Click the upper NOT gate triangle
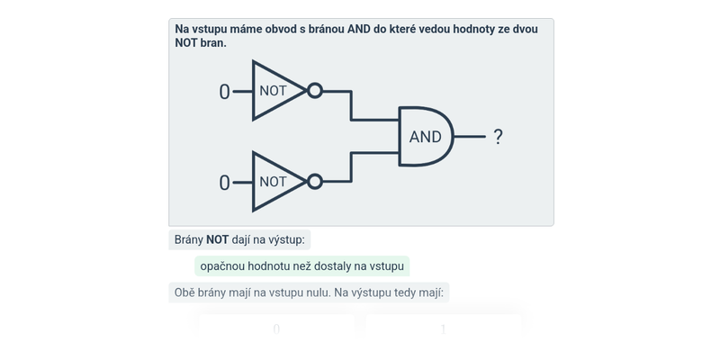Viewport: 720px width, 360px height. [274, 91]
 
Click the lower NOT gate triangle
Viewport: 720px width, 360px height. [274, 182]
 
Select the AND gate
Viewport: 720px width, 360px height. [426, 137]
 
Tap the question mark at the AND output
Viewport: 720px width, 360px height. [498, 137]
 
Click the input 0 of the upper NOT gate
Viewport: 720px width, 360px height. [224, 92]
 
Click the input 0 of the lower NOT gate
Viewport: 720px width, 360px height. [224, 183]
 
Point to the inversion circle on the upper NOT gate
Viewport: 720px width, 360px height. [314, 91]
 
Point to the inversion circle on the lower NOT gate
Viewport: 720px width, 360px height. [314, 182]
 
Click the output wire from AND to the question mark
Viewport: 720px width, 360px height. [470, 137]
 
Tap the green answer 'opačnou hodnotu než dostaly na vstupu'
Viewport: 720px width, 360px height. [301, 266]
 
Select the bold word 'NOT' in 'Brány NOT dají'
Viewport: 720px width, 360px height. [217, 239]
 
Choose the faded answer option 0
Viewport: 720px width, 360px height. [276, 328]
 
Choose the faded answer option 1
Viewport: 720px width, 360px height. [443, 328]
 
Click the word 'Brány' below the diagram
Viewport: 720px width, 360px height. [188, 239]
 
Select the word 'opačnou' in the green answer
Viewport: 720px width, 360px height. [223, 266]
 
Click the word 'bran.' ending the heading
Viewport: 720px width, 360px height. [213, 42]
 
